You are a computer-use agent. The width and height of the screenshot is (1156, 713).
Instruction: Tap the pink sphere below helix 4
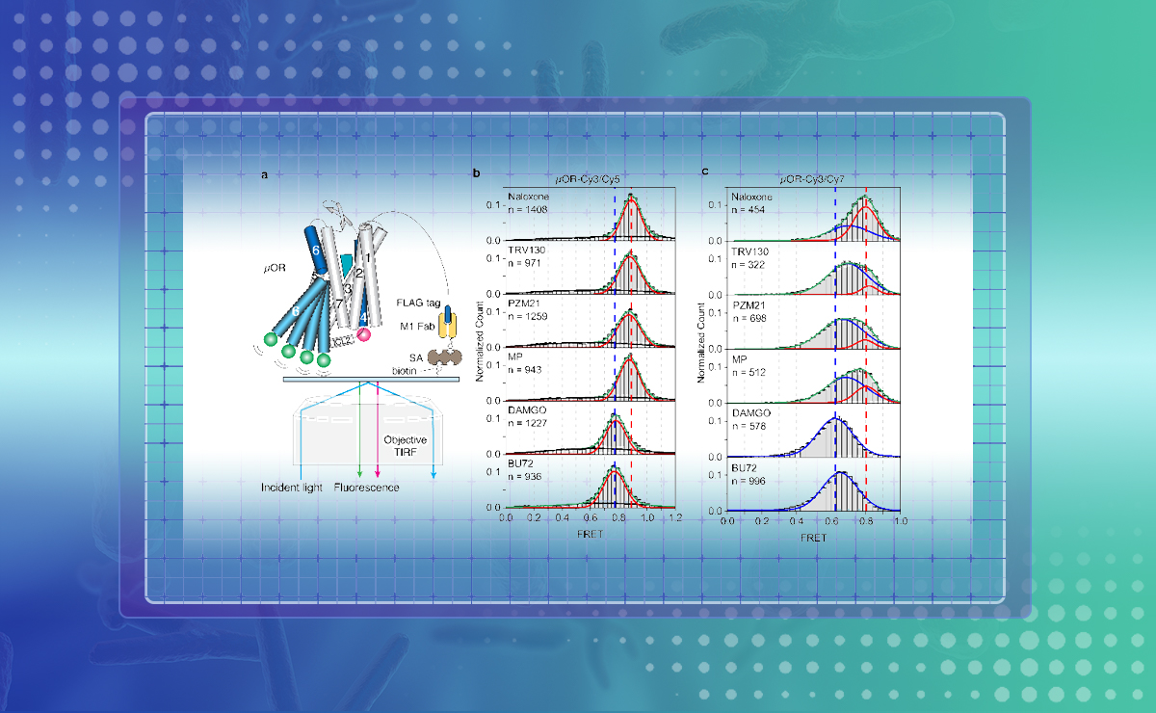(x=364, y=334)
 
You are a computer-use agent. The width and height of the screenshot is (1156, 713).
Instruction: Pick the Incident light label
(x=291, y=488)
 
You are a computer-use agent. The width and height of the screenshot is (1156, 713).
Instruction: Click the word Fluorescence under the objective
(x=367, y=488)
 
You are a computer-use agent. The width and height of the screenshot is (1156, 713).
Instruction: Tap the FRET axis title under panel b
(x=591, y=534)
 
